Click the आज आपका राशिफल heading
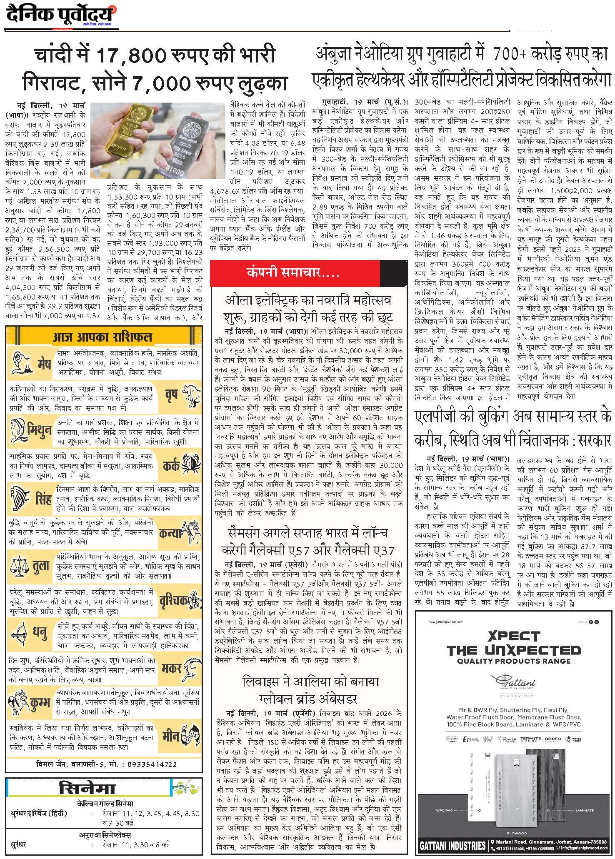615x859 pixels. pyautogui.click(x=102, y=337)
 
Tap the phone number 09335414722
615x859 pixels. pyautogui.click(x=150, y=764)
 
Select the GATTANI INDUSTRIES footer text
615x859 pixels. pyautogui.click(x=453, y=845)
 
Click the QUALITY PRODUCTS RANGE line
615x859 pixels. pyautogui.click(x=513, y=661)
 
